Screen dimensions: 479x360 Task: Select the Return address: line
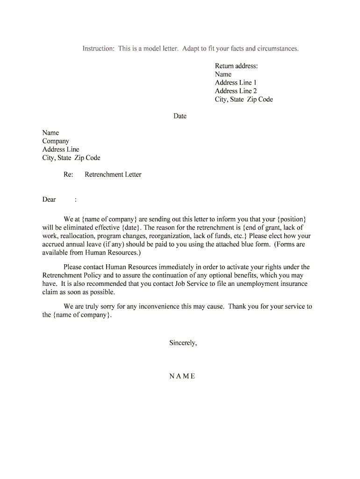[x=236, y=66]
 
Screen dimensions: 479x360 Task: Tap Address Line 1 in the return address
[x=236, y=83]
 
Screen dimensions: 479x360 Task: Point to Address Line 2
[x=236, y=91]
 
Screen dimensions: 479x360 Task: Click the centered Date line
[x=180, y=116]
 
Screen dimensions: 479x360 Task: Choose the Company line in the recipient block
[x=56, y=141]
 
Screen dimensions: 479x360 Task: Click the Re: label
[x=68, y=174]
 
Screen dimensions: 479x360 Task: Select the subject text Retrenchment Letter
[x=113, y=174]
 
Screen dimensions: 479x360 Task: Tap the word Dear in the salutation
[x=49, y=200]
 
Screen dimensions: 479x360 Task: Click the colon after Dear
[x=76, y=200]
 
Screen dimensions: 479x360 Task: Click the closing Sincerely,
[x=183, y=343]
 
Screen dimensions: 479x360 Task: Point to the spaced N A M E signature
[x=182, y=376]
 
